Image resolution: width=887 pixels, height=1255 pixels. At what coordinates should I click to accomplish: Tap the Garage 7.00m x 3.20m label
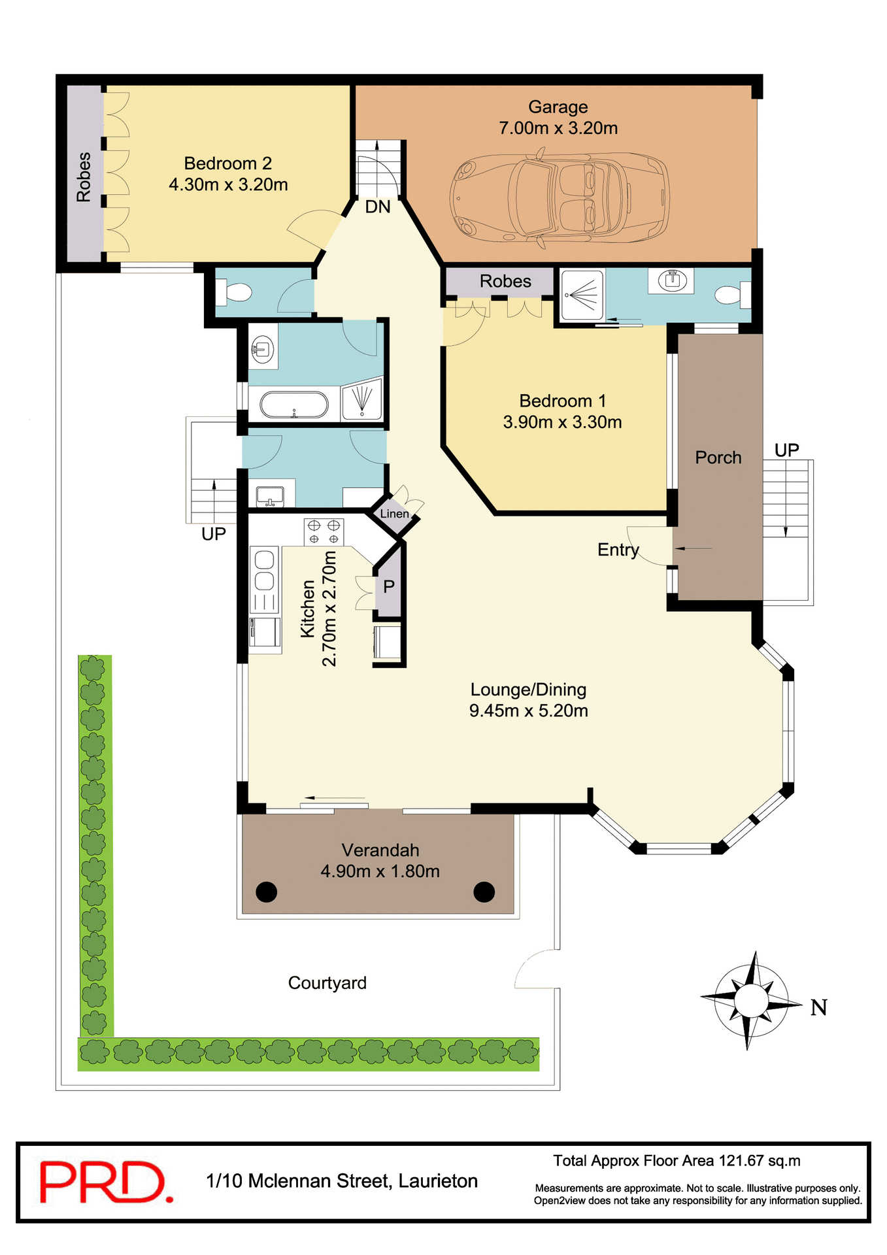(x=558, y=118)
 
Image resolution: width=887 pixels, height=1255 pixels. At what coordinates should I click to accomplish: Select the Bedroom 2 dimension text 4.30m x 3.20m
(x=228, y=185)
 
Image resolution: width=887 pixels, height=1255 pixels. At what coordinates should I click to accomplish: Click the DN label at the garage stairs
(x=378, y=207)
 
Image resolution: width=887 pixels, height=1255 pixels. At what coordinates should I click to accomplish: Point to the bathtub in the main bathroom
(x=294, y=405)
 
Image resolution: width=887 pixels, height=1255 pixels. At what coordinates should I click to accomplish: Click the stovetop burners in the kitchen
(x=324, y=531)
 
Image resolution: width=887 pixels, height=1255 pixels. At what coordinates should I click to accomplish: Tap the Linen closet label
(x=394, y=514)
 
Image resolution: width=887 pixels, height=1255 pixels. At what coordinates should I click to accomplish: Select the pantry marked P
(x=389, y=587)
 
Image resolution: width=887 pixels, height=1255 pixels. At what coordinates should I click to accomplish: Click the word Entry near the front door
(x=618, y=550)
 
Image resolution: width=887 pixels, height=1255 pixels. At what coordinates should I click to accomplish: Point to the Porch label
(x=718, y=458)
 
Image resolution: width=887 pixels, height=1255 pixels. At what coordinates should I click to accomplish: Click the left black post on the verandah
(x=266, y=891)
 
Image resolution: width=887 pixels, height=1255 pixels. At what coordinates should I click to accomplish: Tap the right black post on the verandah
(x=484, y=891)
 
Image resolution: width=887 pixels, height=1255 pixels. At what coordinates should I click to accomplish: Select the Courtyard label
(x=327, y=982)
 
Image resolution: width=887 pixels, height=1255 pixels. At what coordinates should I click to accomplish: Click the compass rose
(x=751, y=999)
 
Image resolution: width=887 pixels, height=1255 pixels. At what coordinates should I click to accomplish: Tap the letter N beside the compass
(x=819, y=1007)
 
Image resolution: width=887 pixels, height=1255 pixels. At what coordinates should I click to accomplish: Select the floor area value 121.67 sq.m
(x=760, y=1161)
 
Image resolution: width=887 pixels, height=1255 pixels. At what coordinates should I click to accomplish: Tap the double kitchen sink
(x=264, y=571)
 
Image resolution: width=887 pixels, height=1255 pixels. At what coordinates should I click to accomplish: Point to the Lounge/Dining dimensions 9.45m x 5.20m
(x=528, y=711)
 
